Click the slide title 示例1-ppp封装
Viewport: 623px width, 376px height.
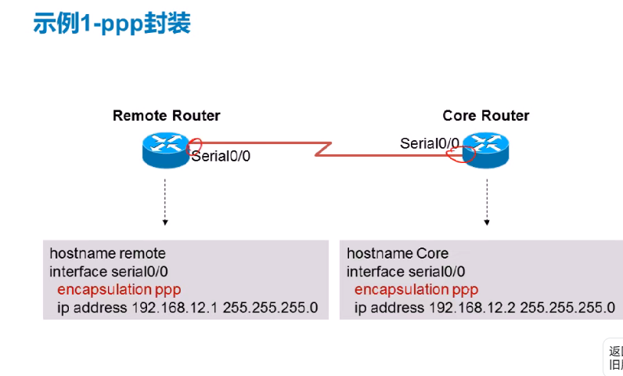pyautogui.click(x=112, y=23)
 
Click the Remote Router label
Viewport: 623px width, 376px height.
pyautogui.click(x=166, y=116)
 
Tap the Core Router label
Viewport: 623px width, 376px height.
pyautogui.click(x=485, y=116)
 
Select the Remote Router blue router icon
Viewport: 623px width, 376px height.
pyautogui.click(x=166, y=150)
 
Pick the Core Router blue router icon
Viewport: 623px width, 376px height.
pyautogui.click(x=485, y=150)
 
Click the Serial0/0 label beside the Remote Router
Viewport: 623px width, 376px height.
pyautogui.click(x=221, y=156)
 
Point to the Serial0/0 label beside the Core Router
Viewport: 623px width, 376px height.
pyautogui.click(x=430, y=143)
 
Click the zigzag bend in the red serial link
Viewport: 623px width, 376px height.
pyautogui.click(x=323, y=149)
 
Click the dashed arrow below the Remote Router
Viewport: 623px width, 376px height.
pyautogui.click(x=165, y=202)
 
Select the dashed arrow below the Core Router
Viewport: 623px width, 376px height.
pyautogui.click(x=487, y=202)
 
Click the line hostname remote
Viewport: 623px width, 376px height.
pyautogui.click(x=107, y=253)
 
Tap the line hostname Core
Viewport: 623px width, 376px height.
pyautogui.click(x=398, y=253)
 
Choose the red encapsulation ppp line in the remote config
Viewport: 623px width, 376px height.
pyautogui.click(x=119, y=290)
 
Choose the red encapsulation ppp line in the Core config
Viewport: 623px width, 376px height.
pyautogui.click(x=416, y=290)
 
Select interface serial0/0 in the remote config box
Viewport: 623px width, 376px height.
pyautogui.click(x=109, y=272)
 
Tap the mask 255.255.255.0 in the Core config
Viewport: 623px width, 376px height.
pyautogui.click(x=567, y=308)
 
